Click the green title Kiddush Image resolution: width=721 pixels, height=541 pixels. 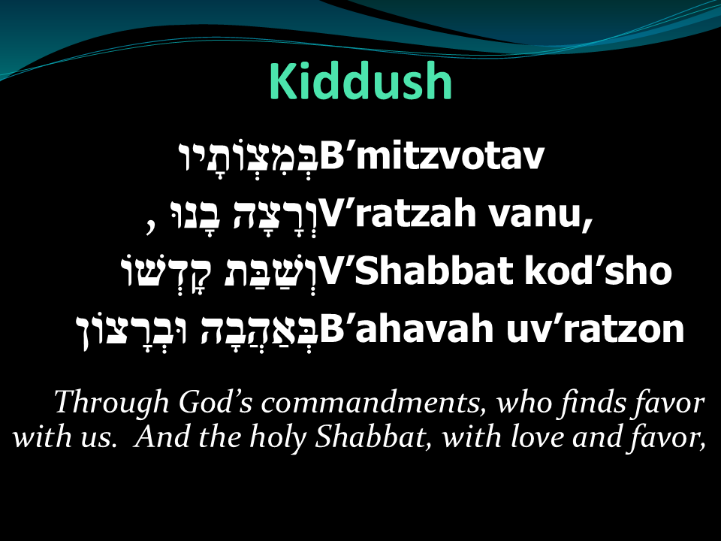(360, 81)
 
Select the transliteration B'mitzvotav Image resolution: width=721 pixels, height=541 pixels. (432, 156)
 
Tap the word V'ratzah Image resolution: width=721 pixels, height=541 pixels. (398, 213)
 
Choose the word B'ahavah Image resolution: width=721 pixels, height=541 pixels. (407, 328)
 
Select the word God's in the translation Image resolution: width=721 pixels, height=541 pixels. (216, 402)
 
